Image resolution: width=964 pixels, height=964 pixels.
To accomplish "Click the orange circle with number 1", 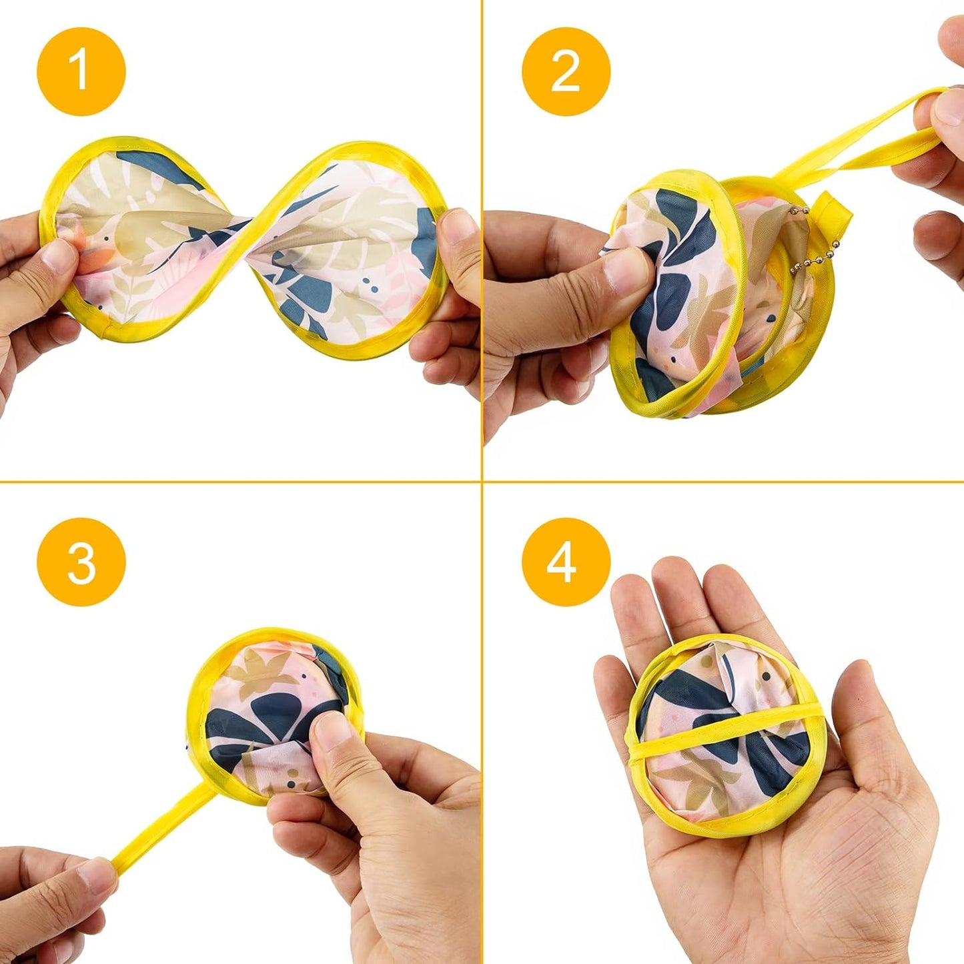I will point(81,71).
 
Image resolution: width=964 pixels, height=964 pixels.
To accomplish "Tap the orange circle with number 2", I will point(566,71).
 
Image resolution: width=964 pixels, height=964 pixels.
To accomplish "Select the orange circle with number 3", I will point(81,562).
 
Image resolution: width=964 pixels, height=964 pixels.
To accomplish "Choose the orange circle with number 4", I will point(566,562).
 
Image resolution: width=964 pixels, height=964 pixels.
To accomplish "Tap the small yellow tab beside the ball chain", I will point(835,213).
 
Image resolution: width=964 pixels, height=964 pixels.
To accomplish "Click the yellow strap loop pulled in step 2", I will point(867,140).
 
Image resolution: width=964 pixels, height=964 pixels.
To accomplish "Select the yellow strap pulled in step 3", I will point(160,827).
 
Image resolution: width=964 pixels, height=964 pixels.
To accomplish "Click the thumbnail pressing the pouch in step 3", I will point(332,734).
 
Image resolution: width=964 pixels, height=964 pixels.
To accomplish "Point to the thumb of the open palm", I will point(867,720).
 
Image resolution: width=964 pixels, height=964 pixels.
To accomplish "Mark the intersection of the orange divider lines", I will point(482,481).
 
